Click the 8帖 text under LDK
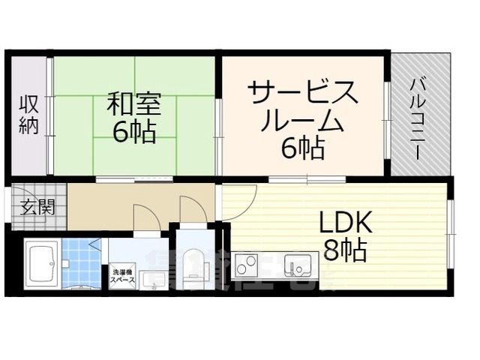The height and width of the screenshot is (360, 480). click(344, 250)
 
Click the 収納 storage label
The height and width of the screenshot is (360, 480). click(28, 114)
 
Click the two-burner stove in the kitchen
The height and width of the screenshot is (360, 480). click(247, 265)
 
